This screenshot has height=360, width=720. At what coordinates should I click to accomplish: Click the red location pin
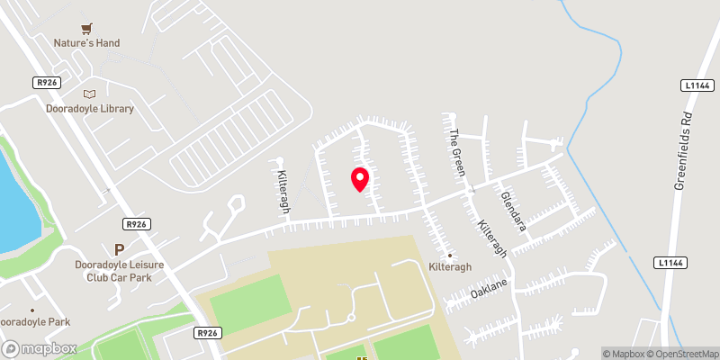[359, 179]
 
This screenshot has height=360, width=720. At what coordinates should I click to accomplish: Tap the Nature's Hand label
[87, 43]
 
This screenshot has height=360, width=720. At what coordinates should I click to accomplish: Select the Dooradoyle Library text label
[89, 109]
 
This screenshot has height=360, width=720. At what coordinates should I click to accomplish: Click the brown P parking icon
[118, 249]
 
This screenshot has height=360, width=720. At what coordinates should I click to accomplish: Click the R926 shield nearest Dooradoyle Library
[47, 82]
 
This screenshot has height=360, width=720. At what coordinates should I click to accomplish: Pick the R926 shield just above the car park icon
[137, 224]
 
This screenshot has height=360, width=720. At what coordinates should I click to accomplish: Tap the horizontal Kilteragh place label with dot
[450, 267]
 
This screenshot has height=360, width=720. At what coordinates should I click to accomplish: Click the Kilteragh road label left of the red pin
[283, 186]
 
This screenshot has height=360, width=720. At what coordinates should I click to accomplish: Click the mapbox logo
[39, 348]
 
